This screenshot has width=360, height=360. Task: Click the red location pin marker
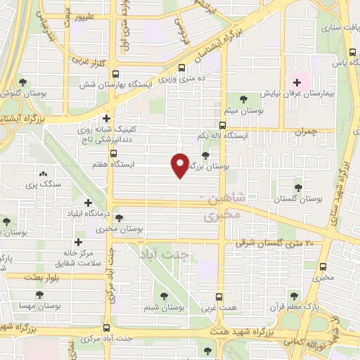179,165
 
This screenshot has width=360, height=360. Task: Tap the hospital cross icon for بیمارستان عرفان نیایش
296,83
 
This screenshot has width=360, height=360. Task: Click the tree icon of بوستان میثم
244,98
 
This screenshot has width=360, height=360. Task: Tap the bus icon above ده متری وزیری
183,68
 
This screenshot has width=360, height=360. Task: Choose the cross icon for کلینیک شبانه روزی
105,118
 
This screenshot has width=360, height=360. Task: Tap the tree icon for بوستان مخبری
118,218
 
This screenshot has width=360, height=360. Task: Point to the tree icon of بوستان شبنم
163,296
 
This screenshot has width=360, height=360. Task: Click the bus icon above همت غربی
219,296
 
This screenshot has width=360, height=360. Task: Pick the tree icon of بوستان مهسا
35,296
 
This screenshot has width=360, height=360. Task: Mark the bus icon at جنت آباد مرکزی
107,328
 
